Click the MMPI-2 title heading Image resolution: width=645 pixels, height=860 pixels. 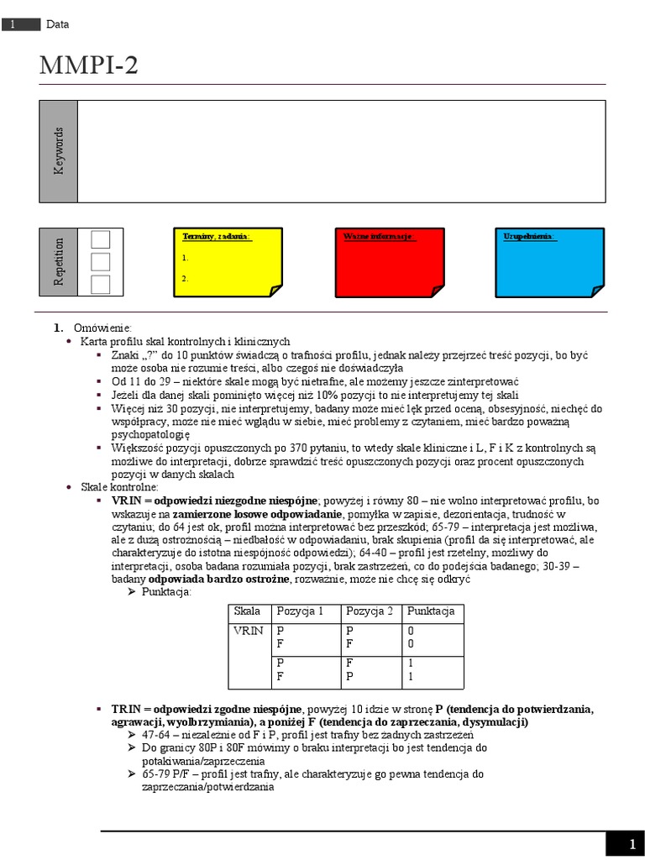pyautogui.click(x=89, y=66)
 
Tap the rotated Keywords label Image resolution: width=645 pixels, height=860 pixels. pyautogui.click(x=59, y=151)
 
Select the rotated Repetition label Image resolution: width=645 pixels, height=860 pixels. pyautogui.click(x=59, y=261)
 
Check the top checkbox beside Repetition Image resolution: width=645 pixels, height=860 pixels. pyautogui.click(x=100, y=239)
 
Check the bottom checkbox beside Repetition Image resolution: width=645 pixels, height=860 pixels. pyautogui.click(x=100, y=284)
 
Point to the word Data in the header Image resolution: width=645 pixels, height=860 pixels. pyautogui.click(x=58, y=24)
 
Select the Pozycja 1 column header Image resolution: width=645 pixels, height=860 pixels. pyautogui.click(x=298, y=611)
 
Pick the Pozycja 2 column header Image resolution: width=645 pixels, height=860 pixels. pyautogui.click(x=370, y=611)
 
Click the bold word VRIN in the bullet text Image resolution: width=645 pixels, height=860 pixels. pyautogui.click(x=126, y=501)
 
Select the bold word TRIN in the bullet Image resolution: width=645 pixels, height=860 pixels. pyautogui.click(x=126, y=709)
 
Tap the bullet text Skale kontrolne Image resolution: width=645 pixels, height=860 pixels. pyautogui.click(x=118, y=487)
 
